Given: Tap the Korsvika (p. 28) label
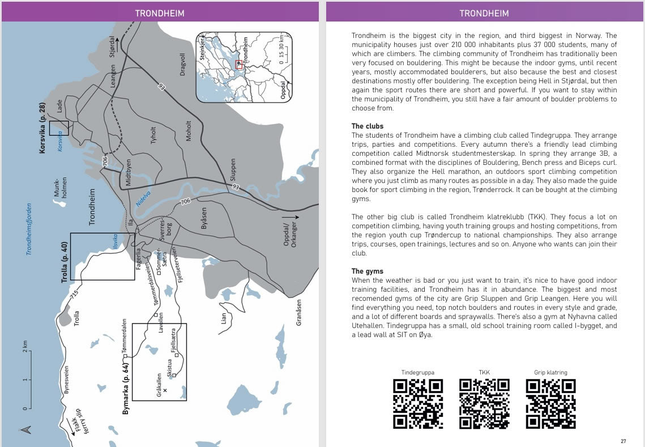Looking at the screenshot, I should click(x=42, y=128).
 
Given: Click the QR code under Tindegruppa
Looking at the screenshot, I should click(x=418, y=403).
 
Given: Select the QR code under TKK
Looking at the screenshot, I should click(x=484, y=403).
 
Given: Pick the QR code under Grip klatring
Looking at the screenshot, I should click(x=550, y=403).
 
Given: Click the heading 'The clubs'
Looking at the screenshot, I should click(x=368, y=126).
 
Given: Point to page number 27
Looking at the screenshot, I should click(x=623, y=441).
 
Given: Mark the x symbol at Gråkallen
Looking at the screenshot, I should click(x=165, y=390).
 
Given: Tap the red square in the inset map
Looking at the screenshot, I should click(x=239, y=65).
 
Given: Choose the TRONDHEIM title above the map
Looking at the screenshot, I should click(x=160, y=13).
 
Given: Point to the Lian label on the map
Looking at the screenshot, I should click(x=224, y=318).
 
